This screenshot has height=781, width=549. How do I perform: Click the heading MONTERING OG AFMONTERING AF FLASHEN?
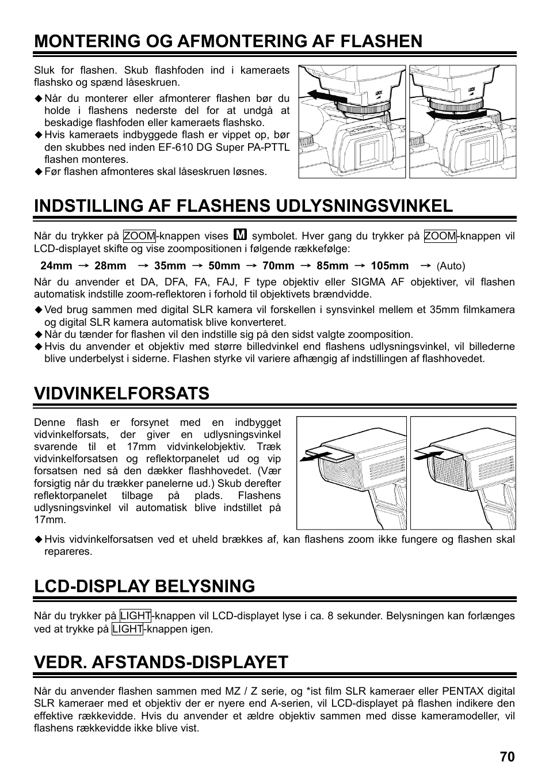(228, 41)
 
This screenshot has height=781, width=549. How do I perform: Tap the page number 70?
(507, 757)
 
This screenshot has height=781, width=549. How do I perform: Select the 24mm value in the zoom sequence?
(56, 266)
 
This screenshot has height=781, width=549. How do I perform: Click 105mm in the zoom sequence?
(390, 266)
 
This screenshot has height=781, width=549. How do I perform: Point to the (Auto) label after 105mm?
(451, 266)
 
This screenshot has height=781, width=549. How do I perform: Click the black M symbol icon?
(241, 235)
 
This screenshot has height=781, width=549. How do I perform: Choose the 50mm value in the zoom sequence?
(224, 266)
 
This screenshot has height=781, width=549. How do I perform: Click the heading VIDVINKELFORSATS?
(121, 393)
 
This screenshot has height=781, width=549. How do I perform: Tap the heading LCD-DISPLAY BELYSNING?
(144, 586)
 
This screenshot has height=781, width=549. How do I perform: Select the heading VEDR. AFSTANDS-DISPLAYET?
(161, 662)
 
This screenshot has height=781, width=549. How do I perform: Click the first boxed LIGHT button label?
(135, 616)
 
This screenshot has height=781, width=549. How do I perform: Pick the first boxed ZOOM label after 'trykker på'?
(139, 236)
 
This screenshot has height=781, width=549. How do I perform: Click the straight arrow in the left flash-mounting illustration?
(319, 97)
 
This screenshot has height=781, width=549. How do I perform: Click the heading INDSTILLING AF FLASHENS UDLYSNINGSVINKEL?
(243, 205)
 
